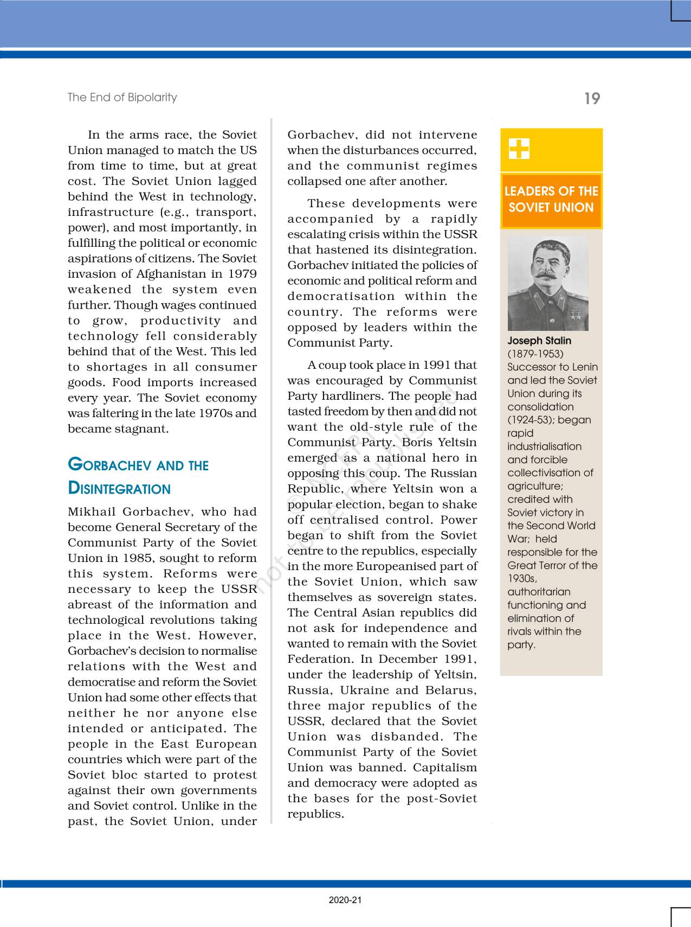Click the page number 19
tap(592, 99)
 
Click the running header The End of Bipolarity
tap(122, 97)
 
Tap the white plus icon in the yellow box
tap(519, 149)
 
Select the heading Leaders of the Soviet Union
tap(551, 199)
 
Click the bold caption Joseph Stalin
tap(539, 341)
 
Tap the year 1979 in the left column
tap(242, 274)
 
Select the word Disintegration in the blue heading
tap(119, 489)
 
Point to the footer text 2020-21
tap(345, 900)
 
